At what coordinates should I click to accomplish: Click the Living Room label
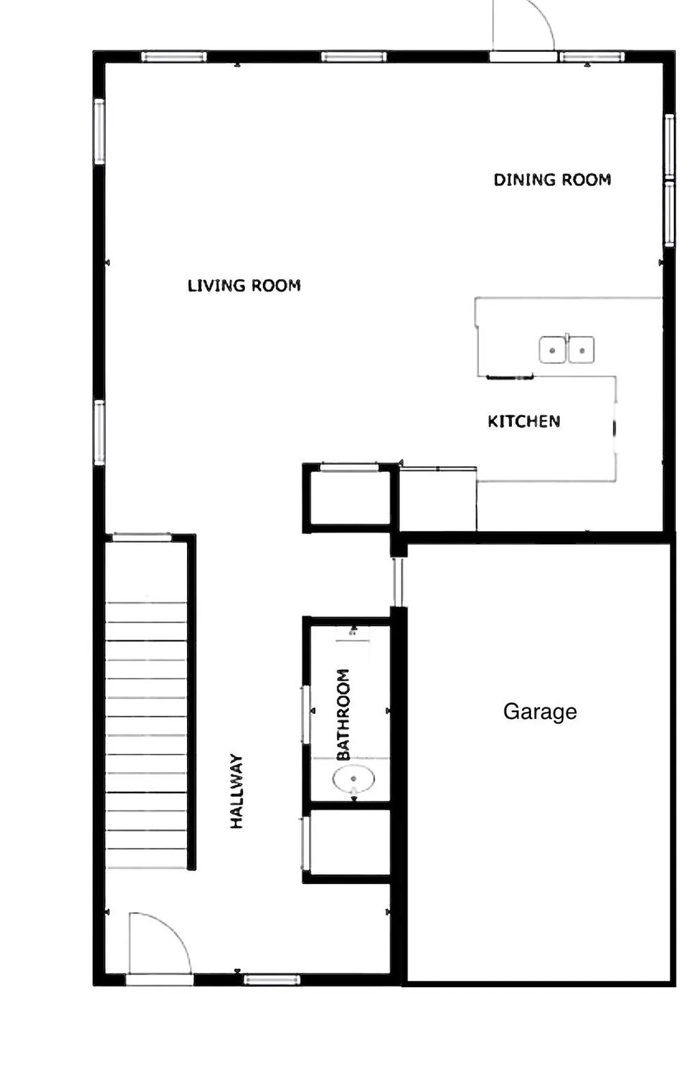244,285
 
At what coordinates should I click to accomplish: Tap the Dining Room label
552,180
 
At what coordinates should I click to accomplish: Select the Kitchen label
524,421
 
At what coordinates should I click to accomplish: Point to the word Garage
540,711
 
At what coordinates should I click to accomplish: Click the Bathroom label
343,714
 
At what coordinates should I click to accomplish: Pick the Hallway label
237,791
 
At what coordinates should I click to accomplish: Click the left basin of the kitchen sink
552,350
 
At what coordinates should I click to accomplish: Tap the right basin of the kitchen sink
582,350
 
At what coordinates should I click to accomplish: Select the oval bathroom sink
354,778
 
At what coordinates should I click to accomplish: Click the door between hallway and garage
398,582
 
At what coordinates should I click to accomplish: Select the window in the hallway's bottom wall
272,980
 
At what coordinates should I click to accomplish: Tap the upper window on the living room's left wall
100,131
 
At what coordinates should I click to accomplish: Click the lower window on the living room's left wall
100,433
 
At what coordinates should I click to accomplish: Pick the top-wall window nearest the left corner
173,57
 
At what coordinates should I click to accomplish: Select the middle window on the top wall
354,57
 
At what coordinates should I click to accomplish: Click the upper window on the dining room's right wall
670,147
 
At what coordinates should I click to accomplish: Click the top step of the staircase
146,612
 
